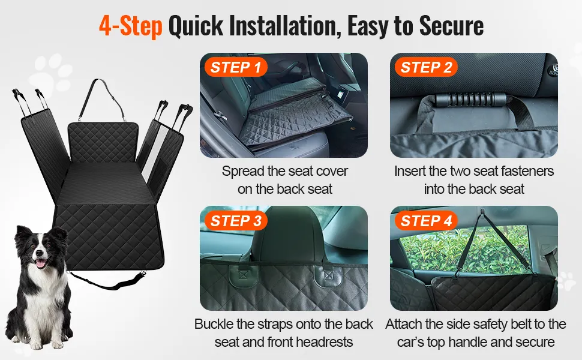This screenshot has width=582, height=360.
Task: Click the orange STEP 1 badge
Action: click(x=236, y=67)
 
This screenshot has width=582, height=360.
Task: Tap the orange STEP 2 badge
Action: click(x=426, y=67)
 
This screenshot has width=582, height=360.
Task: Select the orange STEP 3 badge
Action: click(x=236, y=221)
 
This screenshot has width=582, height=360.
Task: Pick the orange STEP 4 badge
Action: click(x=426, y=221)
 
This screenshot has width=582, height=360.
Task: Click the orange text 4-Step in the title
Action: click(x=131, y=26)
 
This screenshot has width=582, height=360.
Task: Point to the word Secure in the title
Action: click(x=451, y=25)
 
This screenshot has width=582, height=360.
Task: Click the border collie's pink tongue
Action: click(x=40, y=264)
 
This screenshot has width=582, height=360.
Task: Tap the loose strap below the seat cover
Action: click(x=107, y=281)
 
